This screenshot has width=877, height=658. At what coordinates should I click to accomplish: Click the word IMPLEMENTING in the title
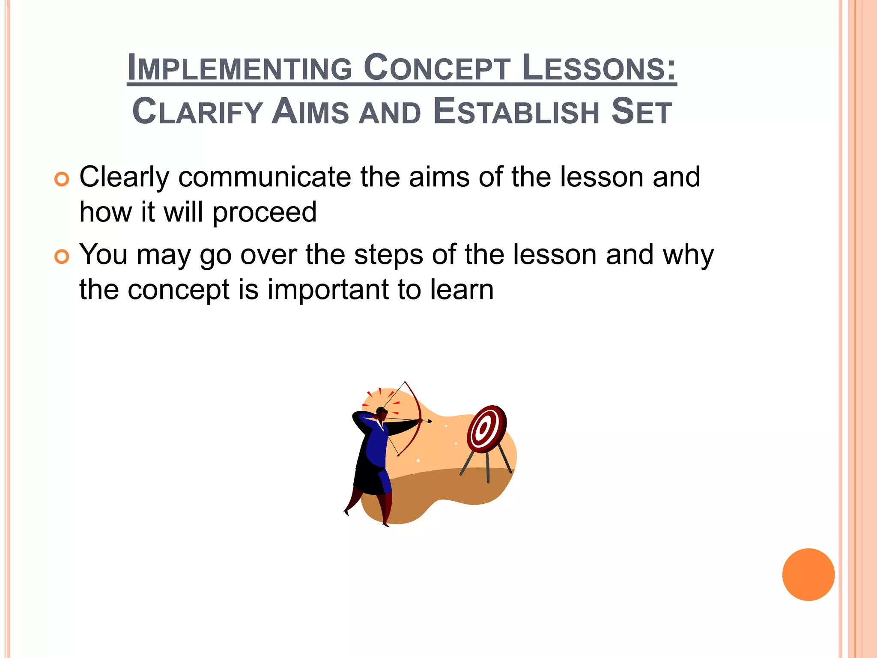(240, 68)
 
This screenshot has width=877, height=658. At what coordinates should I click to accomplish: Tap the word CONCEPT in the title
(437, 68)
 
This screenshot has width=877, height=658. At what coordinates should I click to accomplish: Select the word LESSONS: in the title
(600, 68)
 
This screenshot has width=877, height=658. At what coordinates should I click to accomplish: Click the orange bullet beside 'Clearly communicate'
(62, 179)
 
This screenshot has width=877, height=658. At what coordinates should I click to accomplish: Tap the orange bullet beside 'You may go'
(62, 257)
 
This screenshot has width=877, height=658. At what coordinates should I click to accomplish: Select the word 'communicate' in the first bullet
(265, 177)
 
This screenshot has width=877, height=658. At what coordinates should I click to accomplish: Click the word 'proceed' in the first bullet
(264, 213)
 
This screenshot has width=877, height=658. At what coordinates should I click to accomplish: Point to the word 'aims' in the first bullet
(439, 177)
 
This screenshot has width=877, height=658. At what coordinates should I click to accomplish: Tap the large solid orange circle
(808, 574)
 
